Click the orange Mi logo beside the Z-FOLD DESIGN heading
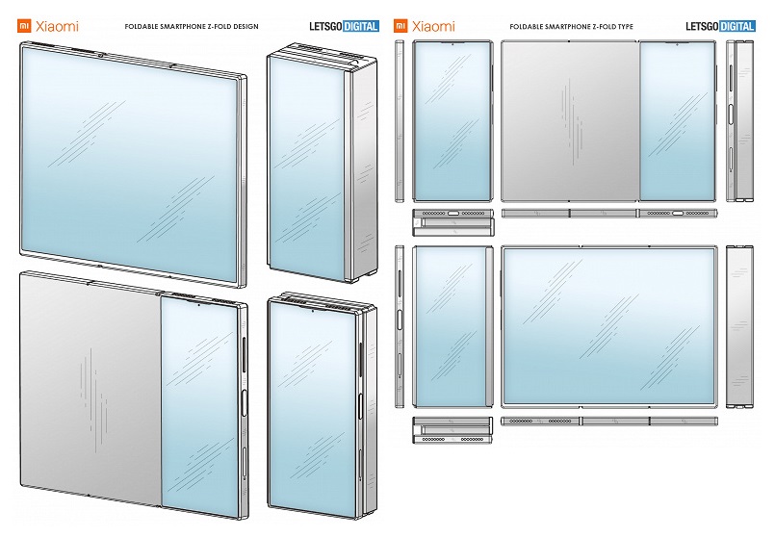(23, 27)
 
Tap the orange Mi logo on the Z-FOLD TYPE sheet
(401, 27)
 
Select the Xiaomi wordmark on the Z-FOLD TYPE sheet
(434, 27)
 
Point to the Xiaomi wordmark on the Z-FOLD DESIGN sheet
(57, 27)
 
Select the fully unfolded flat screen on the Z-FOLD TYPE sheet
(607, 326)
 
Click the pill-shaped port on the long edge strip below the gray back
(677, 212)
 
